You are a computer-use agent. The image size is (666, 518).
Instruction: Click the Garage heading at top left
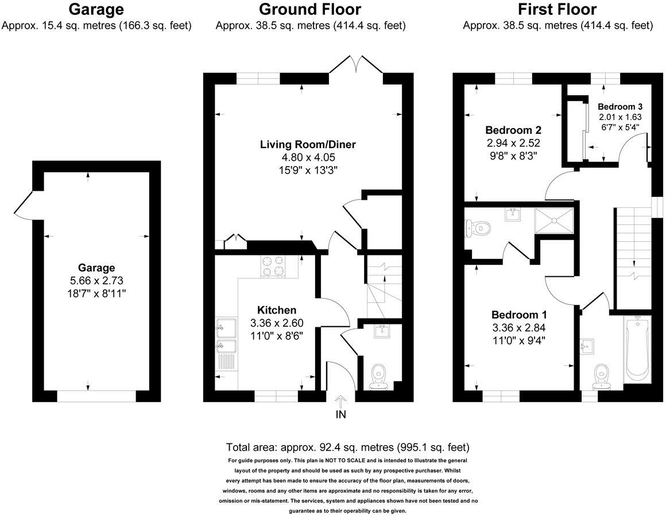click(96, 9)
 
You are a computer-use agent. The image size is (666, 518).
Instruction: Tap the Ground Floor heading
click(310, 9)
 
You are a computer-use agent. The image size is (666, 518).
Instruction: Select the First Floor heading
click(557, 9)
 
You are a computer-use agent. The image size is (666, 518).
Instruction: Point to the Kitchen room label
click(277, 310)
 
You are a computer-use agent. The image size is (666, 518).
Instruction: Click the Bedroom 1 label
click(518, 315)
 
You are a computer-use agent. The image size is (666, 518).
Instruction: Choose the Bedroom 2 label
click(513, 130)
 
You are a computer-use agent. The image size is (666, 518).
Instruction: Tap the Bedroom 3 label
click(619, 106)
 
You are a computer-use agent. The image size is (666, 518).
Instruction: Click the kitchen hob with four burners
click(273, 266)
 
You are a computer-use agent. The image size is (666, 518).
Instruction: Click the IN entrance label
click(340, 414)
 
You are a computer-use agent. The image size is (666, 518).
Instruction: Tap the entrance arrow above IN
click(340, 401)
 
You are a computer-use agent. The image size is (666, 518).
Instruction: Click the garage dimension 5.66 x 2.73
click(96, 280)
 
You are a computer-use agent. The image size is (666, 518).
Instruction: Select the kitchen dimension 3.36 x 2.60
click(277, 323)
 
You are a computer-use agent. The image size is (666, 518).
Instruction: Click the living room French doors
click(356, 64)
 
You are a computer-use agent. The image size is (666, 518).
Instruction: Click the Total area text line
click(348, 447)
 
